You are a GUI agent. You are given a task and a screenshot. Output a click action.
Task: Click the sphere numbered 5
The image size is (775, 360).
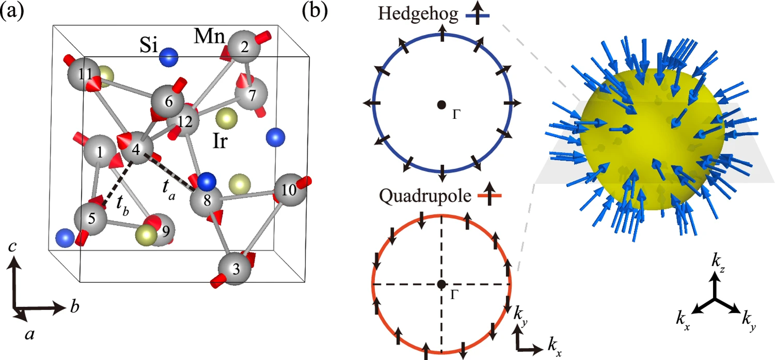[91, 220]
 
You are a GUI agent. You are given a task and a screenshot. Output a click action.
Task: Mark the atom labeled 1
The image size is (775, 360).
[99, 151]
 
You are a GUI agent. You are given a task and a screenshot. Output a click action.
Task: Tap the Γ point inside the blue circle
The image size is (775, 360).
[440, 105]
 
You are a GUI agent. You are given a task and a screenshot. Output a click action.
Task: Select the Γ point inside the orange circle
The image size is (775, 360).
[441, 284]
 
